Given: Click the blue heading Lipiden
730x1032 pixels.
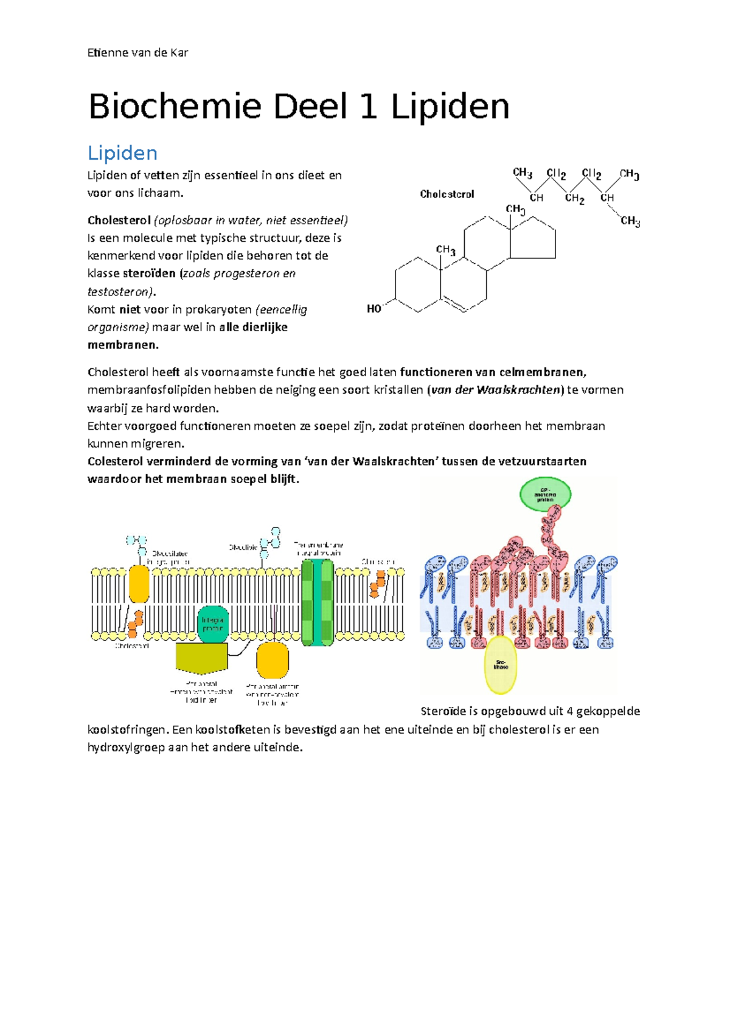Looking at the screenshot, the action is pos(122,153).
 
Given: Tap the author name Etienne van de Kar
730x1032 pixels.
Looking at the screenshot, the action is pos(137,52).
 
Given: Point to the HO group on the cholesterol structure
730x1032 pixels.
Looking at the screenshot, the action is pos(374,309).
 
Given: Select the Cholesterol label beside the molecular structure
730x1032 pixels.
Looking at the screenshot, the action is pos(447,194).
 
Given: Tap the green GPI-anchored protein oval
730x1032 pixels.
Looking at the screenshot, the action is pos(545,494).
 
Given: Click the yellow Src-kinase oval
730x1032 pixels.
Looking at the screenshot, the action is pos(501,665).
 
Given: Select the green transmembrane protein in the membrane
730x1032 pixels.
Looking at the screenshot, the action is pos(318,602).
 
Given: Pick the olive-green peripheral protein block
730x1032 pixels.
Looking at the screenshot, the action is pos(201,658).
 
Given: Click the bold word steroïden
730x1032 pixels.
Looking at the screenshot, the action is pos(149,273).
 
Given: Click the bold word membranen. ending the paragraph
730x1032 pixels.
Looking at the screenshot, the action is pos(123,345).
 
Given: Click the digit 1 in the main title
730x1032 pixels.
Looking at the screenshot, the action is pos(369,107).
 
